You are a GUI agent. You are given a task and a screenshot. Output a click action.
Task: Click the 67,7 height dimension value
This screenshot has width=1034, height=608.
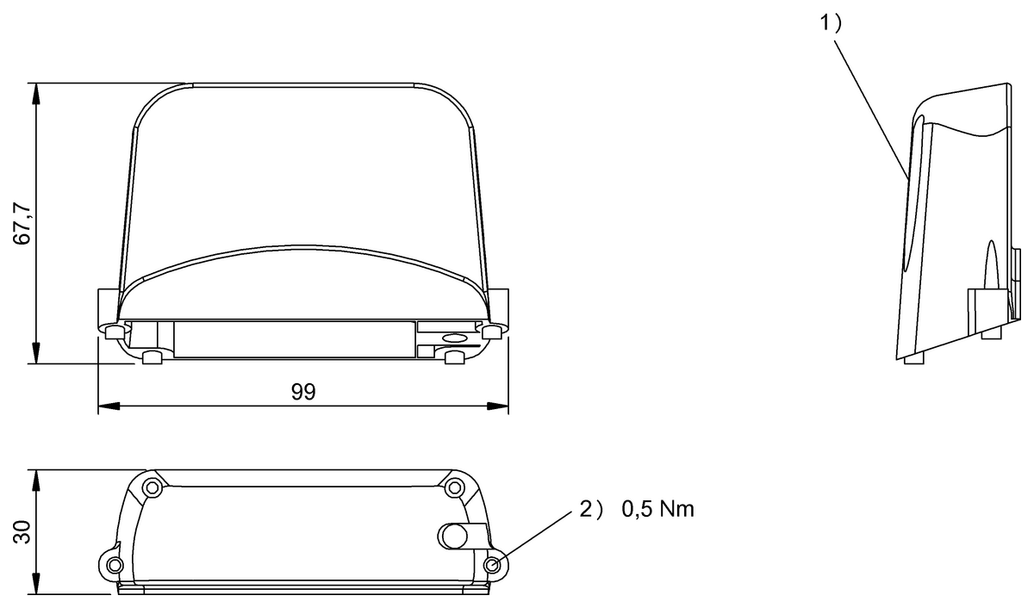pos(22,224)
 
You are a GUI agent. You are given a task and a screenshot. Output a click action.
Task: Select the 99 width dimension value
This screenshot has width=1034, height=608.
pos(303,392)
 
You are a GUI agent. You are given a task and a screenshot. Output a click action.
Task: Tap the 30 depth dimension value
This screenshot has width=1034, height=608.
pos(22,532)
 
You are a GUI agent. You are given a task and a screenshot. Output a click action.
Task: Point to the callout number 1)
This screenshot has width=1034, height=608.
pos(831,23)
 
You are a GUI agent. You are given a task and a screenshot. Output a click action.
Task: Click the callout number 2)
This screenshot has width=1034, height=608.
pos(591,509)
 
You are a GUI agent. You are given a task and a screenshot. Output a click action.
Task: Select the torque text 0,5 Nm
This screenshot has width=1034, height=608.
pos(657,509)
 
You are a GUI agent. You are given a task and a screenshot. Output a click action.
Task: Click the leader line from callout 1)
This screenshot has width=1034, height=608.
pos(870,109)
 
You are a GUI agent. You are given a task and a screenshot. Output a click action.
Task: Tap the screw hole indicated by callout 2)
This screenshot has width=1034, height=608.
pos(493,565)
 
